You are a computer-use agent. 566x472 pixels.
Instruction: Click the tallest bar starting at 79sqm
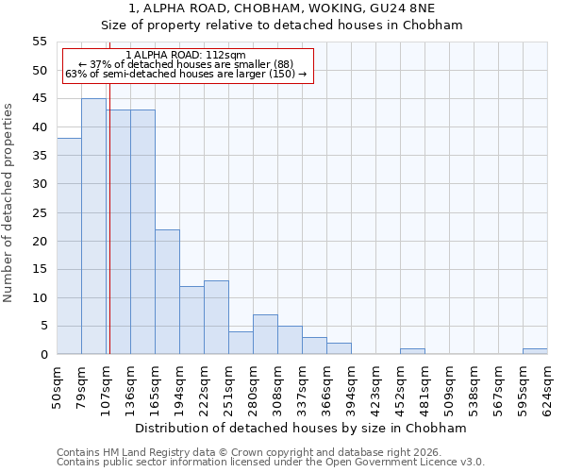click(93, 227)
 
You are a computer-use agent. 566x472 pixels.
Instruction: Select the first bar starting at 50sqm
click(69, 246)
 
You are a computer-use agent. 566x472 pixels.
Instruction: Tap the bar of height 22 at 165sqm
click(167, 292)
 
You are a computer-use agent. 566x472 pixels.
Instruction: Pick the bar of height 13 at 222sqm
click(216, 317)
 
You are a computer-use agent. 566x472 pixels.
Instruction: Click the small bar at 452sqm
click(412, 351)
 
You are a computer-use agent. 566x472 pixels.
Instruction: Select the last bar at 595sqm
click(535, 351)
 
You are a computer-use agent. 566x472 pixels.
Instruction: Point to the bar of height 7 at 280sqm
click(265, 334)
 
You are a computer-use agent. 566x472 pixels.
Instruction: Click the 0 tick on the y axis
click(42, 355)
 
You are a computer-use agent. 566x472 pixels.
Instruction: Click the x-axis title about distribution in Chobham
click(302, 428)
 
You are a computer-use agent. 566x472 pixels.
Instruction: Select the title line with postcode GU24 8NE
click(282, 8)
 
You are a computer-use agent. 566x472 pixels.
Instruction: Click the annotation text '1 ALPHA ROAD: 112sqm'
click(186, 55)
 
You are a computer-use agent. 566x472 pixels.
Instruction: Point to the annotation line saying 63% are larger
click(186, 74)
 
